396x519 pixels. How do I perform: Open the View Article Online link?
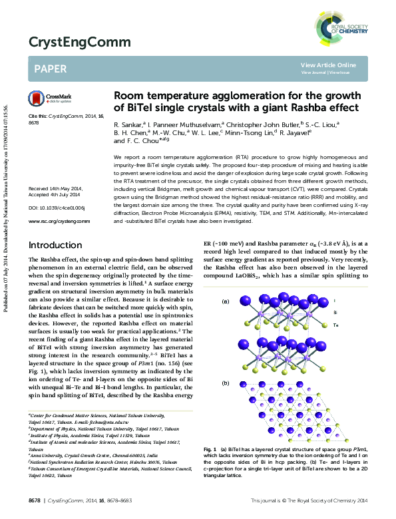pos(328,65)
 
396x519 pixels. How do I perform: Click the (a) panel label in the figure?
pos(224,301)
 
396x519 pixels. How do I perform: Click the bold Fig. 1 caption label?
pos(212,450)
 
